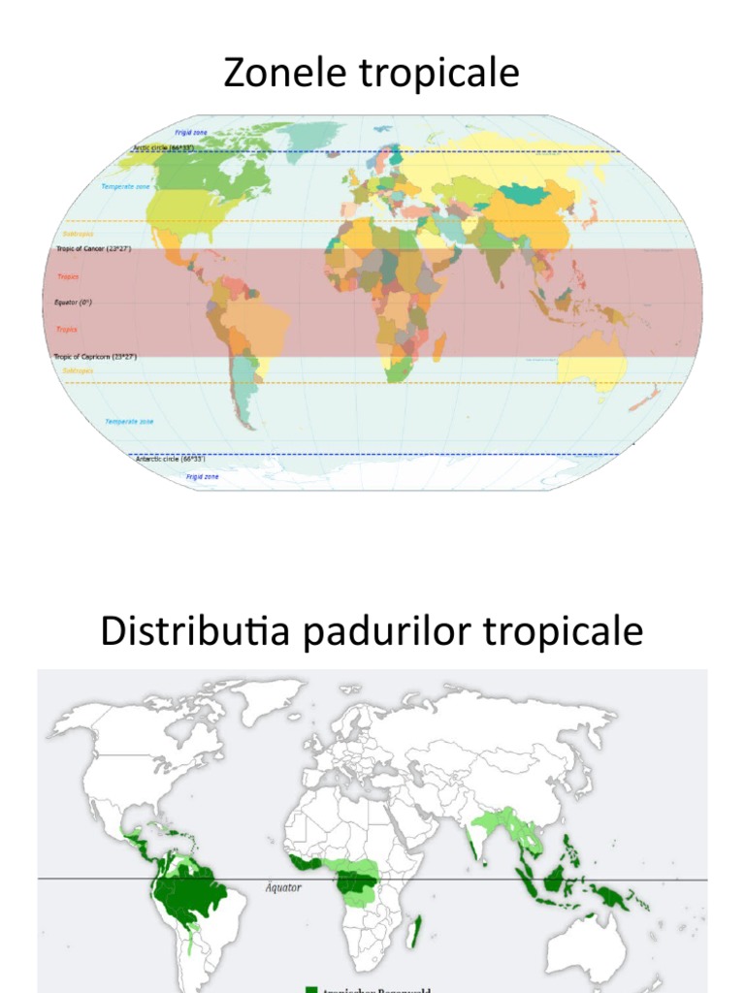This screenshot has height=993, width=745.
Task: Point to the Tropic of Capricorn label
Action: [95, 357]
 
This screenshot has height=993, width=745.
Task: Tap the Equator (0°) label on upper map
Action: [73, 303]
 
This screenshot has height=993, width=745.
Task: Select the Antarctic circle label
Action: [169, 458]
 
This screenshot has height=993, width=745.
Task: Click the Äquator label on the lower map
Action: [283, 887]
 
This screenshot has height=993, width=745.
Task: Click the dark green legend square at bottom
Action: [311, 988]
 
